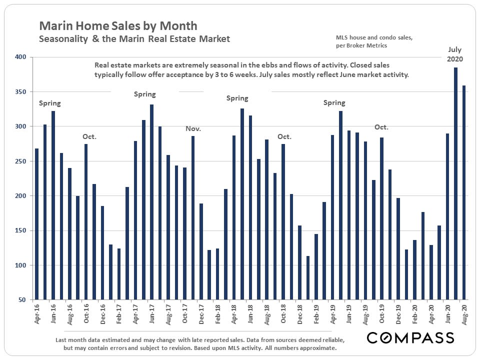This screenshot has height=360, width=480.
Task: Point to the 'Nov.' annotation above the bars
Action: [193, 128]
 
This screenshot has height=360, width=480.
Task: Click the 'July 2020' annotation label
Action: [455, 54]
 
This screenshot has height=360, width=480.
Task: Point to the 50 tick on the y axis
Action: [22, 300]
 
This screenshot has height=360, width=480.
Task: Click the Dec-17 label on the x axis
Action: [201, 314]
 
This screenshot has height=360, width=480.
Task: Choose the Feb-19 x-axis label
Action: [316, 314]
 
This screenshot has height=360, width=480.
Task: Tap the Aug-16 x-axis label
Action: [69, 314]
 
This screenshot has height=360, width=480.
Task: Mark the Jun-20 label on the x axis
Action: [447, 314]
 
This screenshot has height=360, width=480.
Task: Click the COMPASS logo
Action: [410, 338]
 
